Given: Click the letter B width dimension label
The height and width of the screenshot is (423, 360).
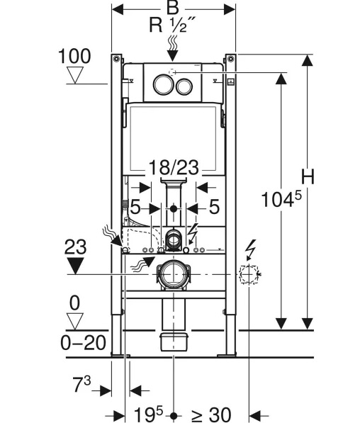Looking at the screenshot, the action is [x=173, y=8].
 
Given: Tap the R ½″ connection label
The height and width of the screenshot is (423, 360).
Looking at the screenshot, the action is [x=172, y=25].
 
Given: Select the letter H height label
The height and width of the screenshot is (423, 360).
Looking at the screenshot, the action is [x=308, y=177].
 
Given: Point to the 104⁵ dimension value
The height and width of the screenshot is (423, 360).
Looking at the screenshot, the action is [x=281, y=199].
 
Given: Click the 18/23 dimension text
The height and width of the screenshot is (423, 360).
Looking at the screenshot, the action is [x=174, y=167].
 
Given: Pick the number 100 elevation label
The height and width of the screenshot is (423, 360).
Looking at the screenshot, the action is [x=74, y=56].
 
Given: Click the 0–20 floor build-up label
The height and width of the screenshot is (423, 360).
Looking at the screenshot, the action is [x=84, y=343].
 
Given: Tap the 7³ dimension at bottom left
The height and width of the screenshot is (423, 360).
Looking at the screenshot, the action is [x=81, y=384].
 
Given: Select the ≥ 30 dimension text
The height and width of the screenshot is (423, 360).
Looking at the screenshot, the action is [x=211, y=414].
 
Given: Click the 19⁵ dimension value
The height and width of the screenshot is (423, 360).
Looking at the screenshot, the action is [x=149, y=414].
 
